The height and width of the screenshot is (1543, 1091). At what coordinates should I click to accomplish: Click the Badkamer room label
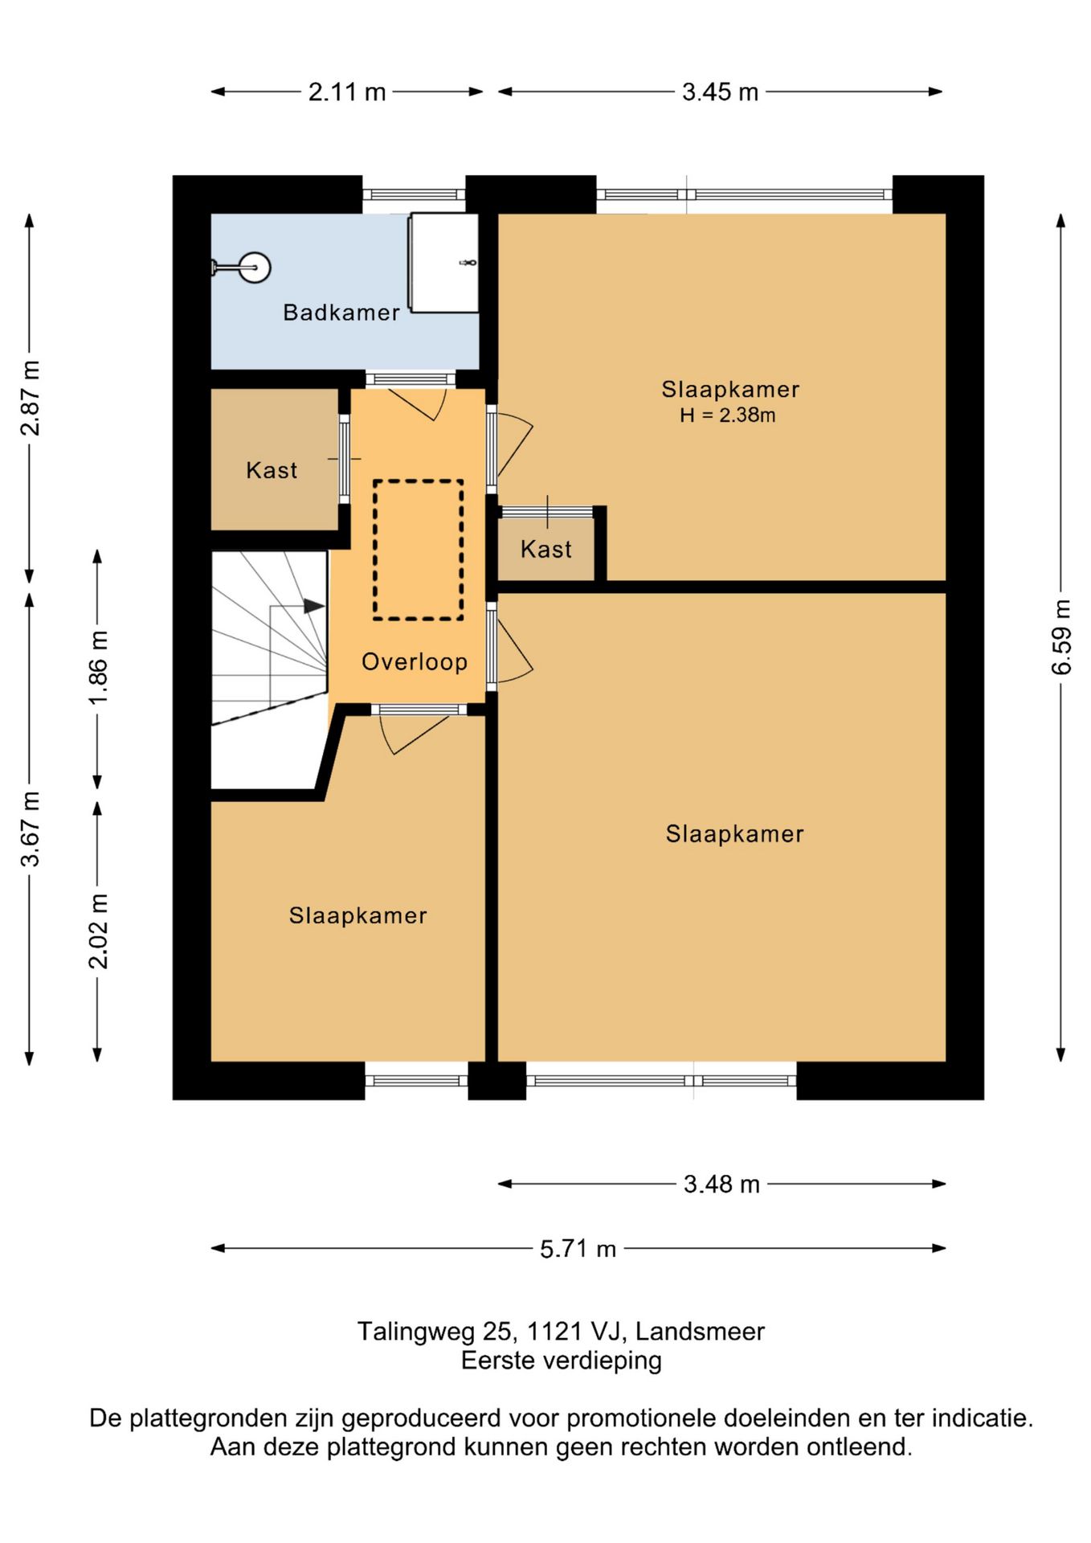[341, 312]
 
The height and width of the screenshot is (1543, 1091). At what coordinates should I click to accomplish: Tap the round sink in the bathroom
[255, 267]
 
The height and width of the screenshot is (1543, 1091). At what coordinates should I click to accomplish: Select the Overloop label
[415, 661]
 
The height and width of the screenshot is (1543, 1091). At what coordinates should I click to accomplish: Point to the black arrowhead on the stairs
[314, 606]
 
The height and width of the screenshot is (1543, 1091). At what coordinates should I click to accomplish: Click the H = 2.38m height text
[728, 415]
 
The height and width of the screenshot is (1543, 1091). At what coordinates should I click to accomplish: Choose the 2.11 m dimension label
[347, 92]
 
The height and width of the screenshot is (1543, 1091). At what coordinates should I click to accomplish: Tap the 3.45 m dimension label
[721, 92]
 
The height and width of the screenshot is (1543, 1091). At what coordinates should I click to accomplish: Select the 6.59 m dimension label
[1061, 636]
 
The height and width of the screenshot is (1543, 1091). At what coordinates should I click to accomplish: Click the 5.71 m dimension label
[578, 1249]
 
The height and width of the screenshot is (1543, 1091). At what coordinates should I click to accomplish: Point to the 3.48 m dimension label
[721, 1184]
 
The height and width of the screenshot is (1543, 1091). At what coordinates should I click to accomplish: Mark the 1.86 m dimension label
[98, 668]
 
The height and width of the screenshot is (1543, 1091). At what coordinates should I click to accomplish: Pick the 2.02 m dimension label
[98, 931]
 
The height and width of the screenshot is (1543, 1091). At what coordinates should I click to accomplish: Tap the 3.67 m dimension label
[31, 829]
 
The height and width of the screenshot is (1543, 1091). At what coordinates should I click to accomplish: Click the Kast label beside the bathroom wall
[272, 470]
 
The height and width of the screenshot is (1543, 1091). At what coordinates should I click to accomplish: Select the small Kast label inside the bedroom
[546, 549]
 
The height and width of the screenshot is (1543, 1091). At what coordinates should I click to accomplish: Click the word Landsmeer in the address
[700, 1332]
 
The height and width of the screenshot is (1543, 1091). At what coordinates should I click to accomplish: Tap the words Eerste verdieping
[562, 1361]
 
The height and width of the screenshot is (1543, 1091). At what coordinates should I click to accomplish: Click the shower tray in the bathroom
[444, 263]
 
